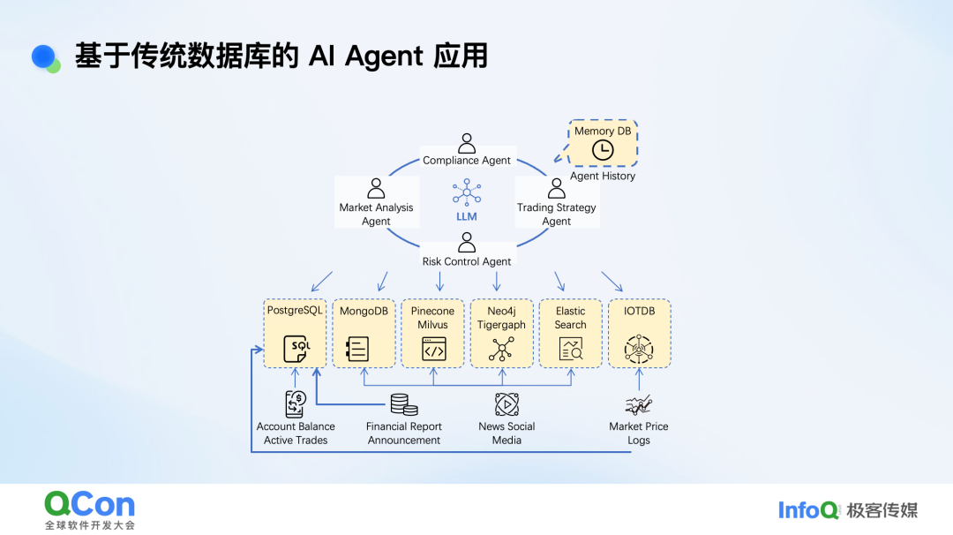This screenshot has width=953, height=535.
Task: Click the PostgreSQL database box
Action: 296,333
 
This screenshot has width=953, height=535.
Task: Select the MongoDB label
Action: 364,311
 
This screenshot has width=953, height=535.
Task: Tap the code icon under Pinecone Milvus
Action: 432,350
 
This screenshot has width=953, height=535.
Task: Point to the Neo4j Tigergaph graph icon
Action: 501,350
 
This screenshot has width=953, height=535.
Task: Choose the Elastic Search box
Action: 570,333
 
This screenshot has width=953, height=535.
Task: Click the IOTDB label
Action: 639,311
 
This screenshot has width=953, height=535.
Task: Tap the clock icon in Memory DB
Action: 603,150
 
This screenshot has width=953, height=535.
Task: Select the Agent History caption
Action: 603,176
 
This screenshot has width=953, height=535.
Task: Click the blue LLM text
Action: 466,216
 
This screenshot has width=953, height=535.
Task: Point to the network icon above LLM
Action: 466,192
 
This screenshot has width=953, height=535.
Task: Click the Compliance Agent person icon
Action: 467,143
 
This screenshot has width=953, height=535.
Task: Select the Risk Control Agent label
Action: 467,261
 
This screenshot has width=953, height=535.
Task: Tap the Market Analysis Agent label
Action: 376,215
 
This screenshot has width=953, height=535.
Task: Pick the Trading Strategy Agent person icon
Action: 557,189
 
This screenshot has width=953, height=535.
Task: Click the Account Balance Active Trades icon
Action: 296,403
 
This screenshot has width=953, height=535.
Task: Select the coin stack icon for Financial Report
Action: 404,404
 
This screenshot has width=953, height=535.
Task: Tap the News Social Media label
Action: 507,433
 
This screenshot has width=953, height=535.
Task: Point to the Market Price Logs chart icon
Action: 639,404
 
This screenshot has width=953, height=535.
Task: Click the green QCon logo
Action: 90,505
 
